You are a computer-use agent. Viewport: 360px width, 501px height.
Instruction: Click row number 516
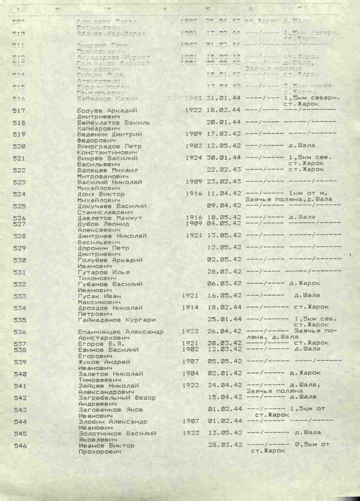pos(19,99)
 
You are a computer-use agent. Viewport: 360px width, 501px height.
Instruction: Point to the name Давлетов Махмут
pos(110,218)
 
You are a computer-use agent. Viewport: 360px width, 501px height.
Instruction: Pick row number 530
pos(20,260)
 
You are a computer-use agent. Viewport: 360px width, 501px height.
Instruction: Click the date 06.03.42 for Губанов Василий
pos(224,283)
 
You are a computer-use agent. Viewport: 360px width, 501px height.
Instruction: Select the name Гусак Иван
pos(100,296)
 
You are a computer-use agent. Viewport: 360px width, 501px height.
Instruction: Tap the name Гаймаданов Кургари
pos(117,320)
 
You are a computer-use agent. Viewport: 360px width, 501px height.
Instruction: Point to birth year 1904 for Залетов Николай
pos(190,373)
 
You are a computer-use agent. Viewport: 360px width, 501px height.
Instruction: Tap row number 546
pos(20,446)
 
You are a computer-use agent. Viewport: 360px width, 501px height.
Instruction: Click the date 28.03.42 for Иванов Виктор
pos(225,445)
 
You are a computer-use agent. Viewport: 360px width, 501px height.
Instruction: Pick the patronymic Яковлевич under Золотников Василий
pos(98,440)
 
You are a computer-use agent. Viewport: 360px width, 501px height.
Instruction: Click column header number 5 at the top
pos(208,9)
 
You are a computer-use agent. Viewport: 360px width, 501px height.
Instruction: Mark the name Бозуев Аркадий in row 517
pos(107,111)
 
